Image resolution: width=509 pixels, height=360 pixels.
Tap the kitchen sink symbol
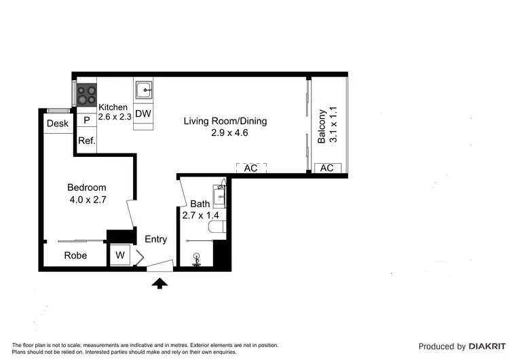pos(143,90)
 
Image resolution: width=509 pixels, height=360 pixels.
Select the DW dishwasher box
pos(143,114)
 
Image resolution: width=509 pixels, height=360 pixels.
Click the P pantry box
pos(86,120)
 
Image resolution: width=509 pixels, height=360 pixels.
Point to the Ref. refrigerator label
pos(86,141)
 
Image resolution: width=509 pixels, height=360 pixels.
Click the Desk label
pos(57,124)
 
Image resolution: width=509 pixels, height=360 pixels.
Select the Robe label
pos(75,255)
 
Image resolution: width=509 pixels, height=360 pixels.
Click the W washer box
pos(120,255)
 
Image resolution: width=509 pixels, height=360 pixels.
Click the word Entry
pos(155,239)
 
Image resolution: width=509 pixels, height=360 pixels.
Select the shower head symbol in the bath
pos(197,259)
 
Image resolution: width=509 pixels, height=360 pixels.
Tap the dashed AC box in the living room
pos(250,168)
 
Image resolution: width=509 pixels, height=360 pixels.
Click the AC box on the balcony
pos(326,168)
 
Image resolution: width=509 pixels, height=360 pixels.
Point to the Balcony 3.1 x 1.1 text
pos(327,126)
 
